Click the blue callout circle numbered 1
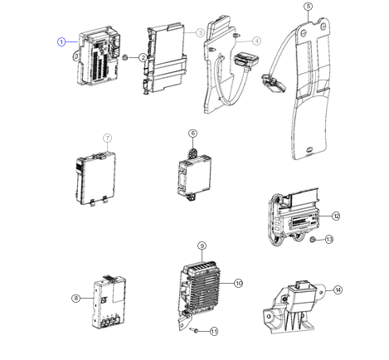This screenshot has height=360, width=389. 61,42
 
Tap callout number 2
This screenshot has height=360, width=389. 143,58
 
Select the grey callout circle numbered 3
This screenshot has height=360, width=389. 200,32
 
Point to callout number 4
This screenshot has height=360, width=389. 257,41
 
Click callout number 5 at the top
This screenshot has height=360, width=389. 309,7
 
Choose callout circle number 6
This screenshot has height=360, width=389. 193,134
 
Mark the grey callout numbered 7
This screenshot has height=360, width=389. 108,138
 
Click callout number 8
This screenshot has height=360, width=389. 76,298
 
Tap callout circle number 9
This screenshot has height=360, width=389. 202,246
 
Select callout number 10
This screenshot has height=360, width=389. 239,283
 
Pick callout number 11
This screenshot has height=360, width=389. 214,331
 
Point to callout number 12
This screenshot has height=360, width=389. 336,216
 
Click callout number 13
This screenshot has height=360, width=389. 329,239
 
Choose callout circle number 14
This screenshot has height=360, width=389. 338,289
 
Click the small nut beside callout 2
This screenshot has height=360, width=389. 125,57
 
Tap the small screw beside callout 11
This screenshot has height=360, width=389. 194,330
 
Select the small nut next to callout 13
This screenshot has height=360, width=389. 313,239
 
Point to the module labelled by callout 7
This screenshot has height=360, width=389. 95,178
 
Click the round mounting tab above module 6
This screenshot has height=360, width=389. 192,153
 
